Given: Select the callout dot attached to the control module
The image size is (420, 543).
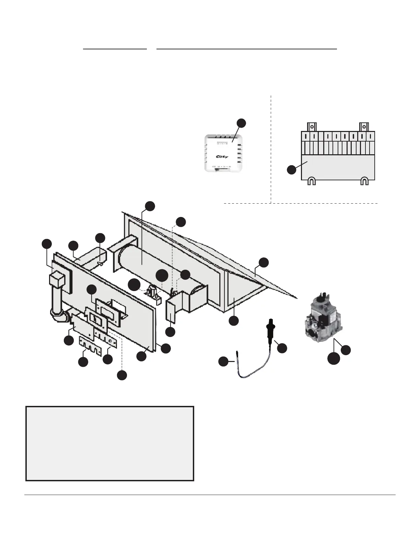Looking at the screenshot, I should [292, 170].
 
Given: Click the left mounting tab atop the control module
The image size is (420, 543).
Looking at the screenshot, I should [311, 126].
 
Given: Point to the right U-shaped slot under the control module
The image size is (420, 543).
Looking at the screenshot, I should [364, 181].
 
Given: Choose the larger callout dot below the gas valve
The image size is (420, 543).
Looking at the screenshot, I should [334, 358].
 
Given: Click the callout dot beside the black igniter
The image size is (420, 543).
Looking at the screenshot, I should [282, 348].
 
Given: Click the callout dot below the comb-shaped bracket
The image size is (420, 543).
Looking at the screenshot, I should [83, 362].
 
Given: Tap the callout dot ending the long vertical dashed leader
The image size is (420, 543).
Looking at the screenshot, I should [121, 375].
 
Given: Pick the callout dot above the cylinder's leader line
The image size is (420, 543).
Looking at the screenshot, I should [150, 206].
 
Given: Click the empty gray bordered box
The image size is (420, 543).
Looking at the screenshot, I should [110, 444].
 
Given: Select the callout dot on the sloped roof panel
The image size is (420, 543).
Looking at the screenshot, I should [264, 263].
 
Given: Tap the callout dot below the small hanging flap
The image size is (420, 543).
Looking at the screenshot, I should [170, 332].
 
